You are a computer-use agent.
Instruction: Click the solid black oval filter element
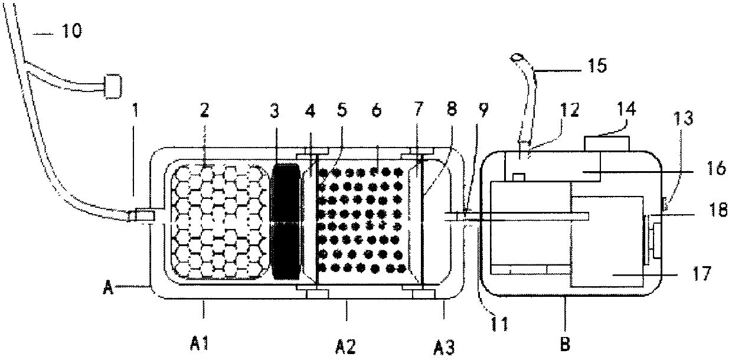287,222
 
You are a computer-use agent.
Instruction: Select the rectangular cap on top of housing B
606,144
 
